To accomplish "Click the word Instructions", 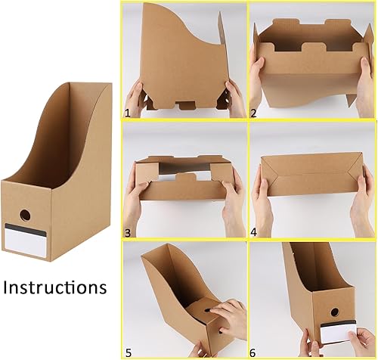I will click(x=54, y=288).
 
